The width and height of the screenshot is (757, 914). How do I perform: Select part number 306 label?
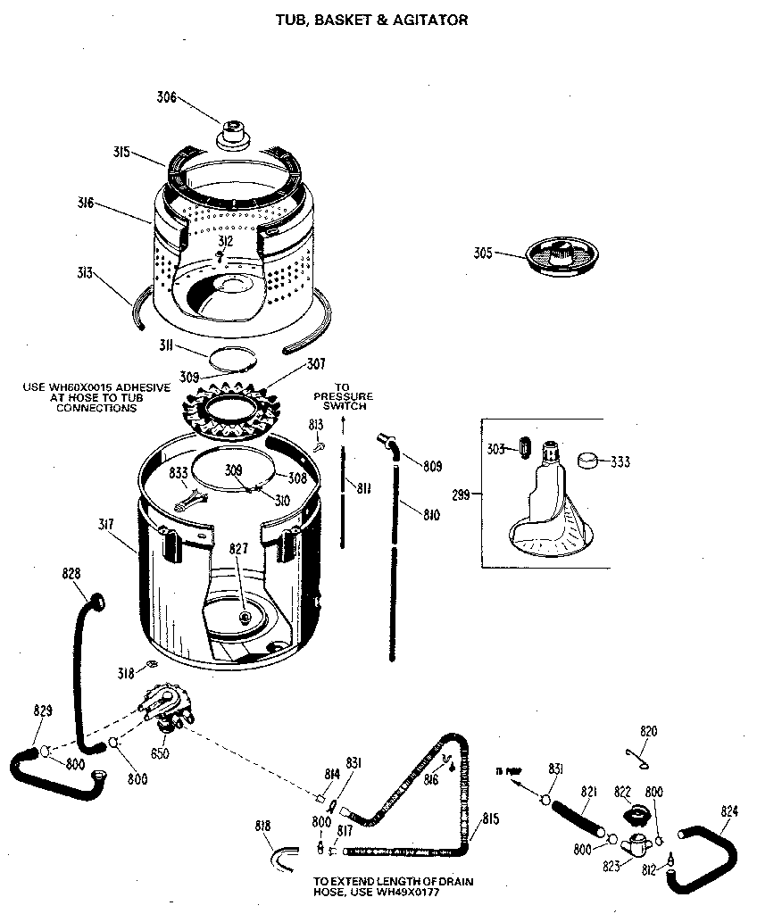tap(167, 97)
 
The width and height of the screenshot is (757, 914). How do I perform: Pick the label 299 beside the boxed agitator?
tap(461, 493)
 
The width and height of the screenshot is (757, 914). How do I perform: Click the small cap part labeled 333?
tap(587, 461)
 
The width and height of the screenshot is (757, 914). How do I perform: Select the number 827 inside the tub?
tap(240, 550)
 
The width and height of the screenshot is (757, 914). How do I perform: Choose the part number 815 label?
tap(490, 818)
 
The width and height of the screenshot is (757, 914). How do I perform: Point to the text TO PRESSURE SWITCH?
tap(343, 396)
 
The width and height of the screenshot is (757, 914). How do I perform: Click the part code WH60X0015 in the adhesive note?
tap(90, 387)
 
